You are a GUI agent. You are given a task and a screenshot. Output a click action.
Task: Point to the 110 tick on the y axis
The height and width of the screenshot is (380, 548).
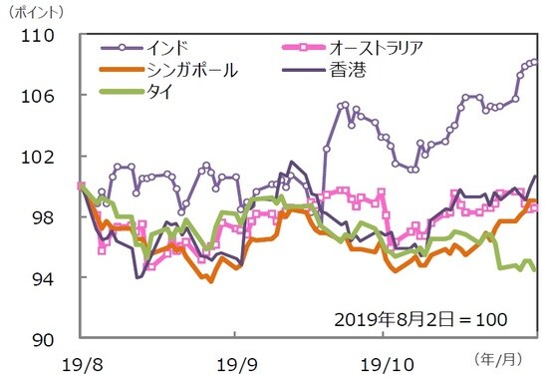[x=52, y=36]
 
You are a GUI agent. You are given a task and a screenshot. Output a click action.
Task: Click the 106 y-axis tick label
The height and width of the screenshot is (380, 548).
[x=52, y=96]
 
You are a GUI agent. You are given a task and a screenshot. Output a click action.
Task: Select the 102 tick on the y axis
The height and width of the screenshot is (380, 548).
[x=52, y=157]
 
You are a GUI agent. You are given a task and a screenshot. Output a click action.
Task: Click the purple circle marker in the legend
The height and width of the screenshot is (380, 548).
[x=122, y=47]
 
